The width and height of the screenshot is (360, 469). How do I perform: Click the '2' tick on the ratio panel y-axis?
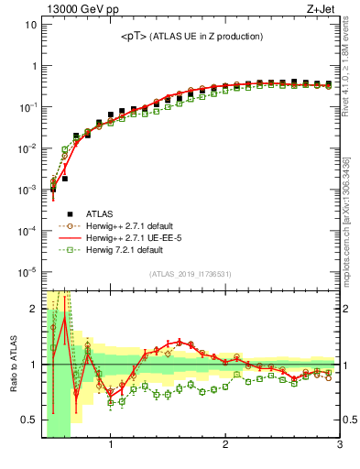32,309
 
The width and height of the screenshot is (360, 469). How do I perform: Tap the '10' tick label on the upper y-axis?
29,25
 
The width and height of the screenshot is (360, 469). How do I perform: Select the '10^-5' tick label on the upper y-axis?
27,271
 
